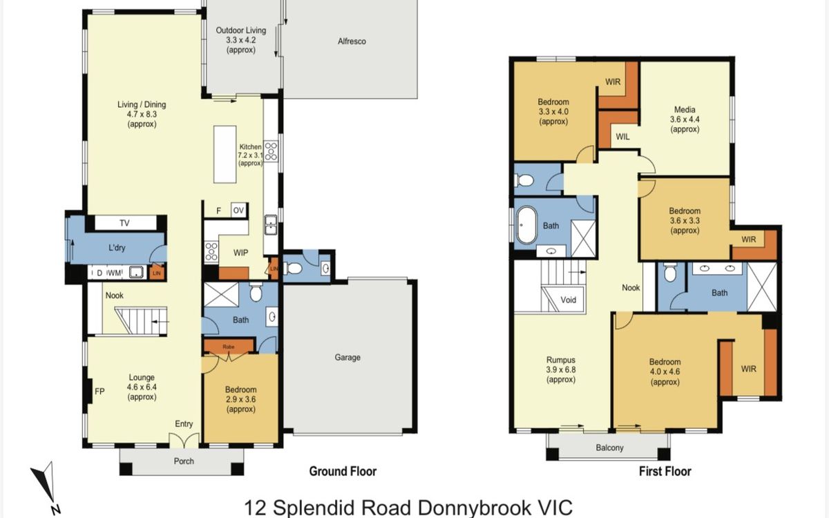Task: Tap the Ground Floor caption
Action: (343, 471)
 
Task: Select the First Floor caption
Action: (665, 471)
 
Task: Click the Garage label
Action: (347, 358)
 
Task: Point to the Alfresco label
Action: (352, 41)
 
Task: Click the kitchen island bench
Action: (225, 154)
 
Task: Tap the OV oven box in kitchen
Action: (239, 210)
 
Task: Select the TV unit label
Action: (124, 223)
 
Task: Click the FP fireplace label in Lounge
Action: (99, 391)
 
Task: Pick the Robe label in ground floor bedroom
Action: (229, 347)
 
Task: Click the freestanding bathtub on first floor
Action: (526, 225)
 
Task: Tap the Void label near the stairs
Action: (568, 300)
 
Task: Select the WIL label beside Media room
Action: (622, 137)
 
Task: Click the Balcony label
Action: (609, 448)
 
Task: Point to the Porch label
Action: (184, 461)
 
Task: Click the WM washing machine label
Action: (115, 273)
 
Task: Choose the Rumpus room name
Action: (561, 360)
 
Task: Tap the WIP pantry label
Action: (240, 253)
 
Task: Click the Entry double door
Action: (184, 441)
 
